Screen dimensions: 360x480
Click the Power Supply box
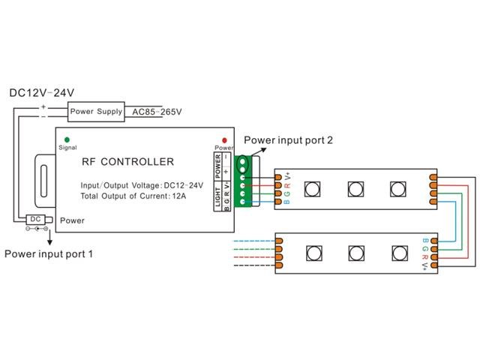coord(95,112)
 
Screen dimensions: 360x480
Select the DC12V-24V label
coord(41,93)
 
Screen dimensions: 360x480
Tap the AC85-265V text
coord(156,112)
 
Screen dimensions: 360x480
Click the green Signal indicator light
coord(67,139)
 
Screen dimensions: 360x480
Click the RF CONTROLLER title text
coord(127,161)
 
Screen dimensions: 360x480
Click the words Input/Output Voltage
coord(115,184)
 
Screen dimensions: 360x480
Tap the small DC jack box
coord(35,219)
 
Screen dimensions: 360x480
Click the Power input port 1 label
coord(49,253)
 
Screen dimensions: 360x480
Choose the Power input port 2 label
coord(288,139)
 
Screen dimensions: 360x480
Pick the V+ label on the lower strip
coord(425,266)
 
